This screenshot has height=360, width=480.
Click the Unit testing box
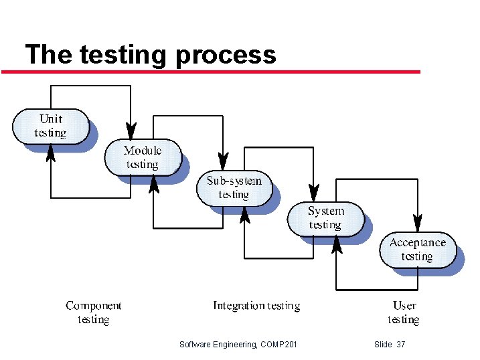[x=51, y=126]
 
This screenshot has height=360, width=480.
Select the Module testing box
[x=142, y=157]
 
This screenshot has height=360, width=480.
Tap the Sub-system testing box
[x=234, y=188]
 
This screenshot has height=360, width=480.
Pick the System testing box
[x=325, y=218]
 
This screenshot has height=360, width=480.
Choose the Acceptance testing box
[x=417, y=250]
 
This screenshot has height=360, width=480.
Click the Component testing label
[x=93, y=312]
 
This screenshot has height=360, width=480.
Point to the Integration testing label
[x=256, y=306]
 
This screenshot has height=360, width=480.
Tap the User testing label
[x=404, y=312]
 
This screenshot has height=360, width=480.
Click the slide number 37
[x=401, y=344]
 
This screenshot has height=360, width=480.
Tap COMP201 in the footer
[x=280, y=344]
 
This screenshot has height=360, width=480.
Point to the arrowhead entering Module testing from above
[x=131, y=130]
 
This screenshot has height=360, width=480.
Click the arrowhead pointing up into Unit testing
[x=51, y=153]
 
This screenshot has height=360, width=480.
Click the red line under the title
[x=211, y=71]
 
